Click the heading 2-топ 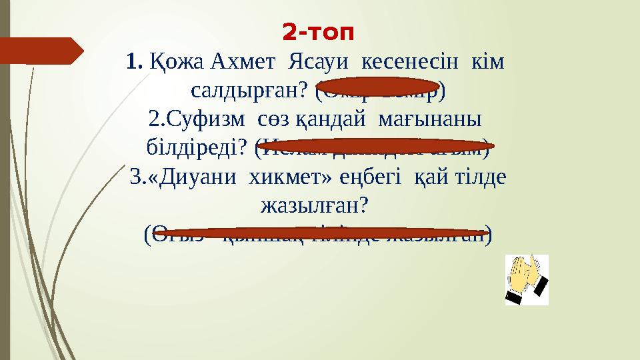[319, 31]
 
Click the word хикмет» [289, 177]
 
